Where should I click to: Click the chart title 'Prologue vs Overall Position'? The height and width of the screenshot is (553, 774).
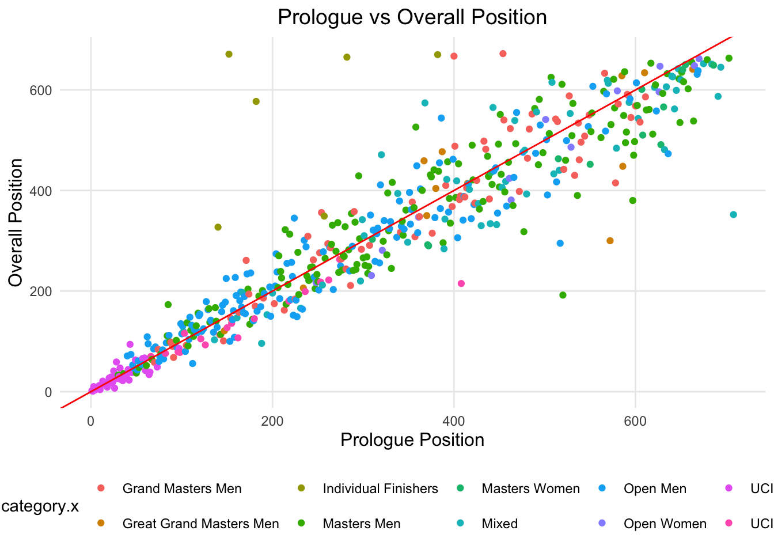pyautogui.click(x=412, y=17)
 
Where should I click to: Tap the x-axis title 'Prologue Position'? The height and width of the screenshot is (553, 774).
pyautogui.click(x=412, y=440)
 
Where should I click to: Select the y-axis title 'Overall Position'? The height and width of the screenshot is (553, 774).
pyautogui.click(x=16, y=222)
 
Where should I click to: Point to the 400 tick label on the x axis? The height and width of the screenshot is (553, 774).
pyautogui.click(x=454, y=421)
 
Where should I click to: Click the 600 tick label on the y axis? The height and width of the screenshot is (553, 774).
pyautogui.click(x=41, y=90)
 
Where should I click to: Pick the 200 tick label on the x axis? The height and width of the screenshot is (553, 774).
pyautogui.click(x=272, y=421)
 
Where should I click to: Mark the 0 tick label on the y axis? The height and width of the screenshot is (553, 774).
pyautogui.click(x=48, y=392)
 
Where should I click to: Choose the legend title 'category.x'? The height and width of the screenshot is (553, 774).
pyautogui.click(x=40, y=506)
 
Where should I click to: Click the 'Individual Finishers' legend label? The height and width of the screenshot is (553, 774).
pyautogui.click(x=380, y=489)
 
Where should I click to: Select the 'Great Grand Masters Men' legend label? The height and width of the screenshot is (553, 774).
pyautogui.click(x=200, y=524)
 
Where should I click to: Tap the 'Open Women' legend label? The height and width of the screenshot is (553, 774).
pyautogui.click(x=665, y=524)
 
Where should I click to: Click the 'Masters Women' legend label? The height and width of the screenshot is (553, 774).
pyautogui.click(x=530, y=489)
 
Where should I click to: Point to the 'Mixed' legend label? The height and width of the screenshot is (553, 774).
pyautogui.click(x=499, y=524)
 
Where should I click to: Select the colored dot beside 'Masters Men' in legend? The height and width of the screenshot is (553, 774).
pyautogui.click(x=301, y=524)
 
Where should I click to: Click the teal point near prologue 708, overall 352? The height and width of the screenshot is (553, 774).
pyautogui.click(x=733, y=215)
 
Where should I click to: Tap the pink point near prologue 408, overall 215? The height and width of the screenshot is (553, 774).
pyautogui.click(x=461, y=283)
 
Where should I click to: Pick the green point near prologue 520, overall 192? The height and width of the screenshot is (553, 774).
pyautogui.click(x=563, y=295)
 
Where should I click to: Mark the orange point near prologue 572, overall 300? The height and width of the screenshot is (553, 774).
pyautogui.click(x=610, y=241)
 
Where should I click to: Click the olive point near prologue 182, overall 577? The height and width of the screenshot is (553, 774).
pyautogui.click(x=256, y=101)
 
